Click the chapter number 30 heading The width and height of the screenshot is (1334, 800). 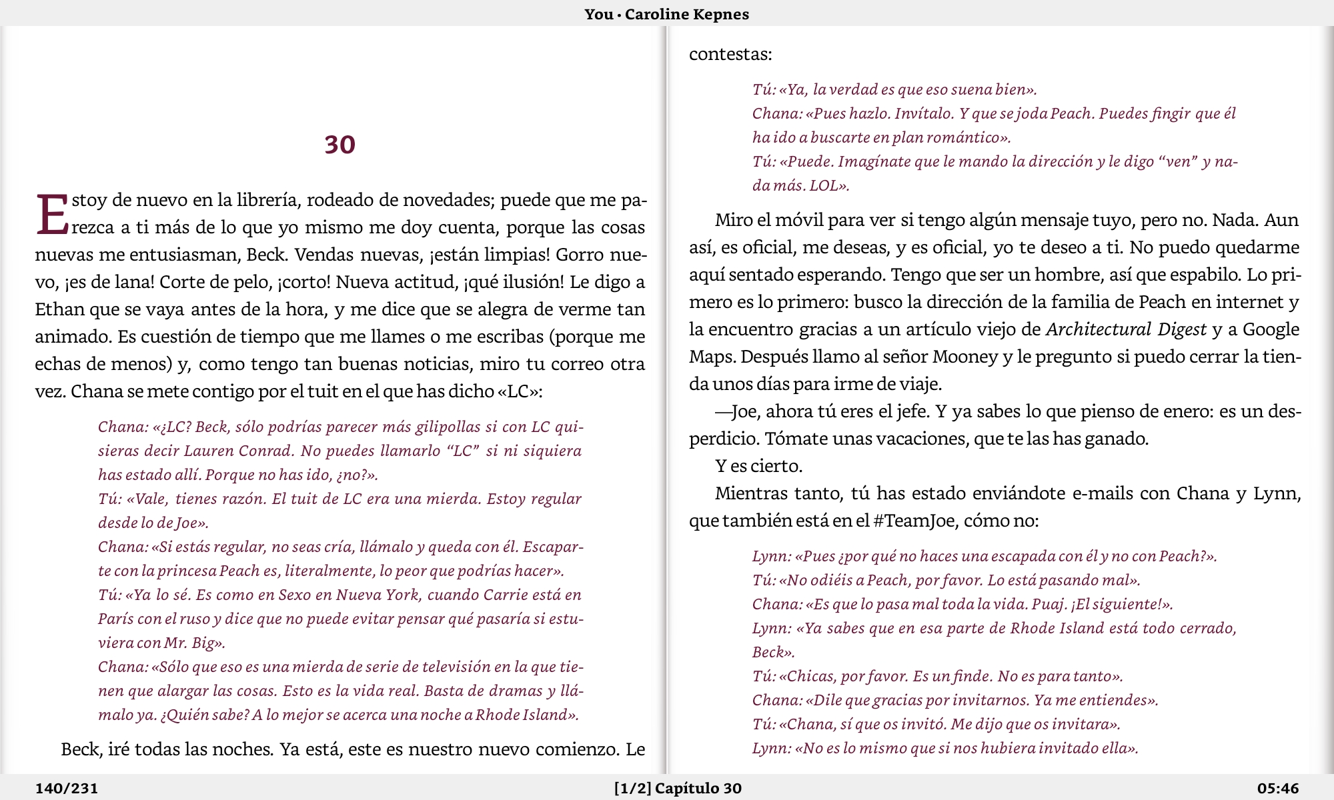tap(340, 145)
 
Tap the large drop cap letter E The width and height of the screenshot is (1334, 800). tap(52, 215)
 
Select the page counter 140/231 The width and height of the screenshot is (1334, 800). tap(67, 789)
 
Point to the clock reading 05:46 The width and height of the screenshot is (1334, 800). tap(1278, 789)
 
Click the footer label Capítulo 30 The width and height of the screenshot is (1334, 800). tap(698, 789)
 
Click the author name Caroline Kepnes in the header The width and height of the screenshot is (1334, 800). tap(686, 14)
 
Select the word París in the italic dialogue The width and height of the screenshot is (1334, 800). tap(115, 619)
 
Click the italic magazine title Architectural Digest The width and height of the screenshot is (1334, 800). tap(1126, 329)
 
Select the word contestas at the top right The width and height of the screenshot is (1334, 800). tap(730, 54)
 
